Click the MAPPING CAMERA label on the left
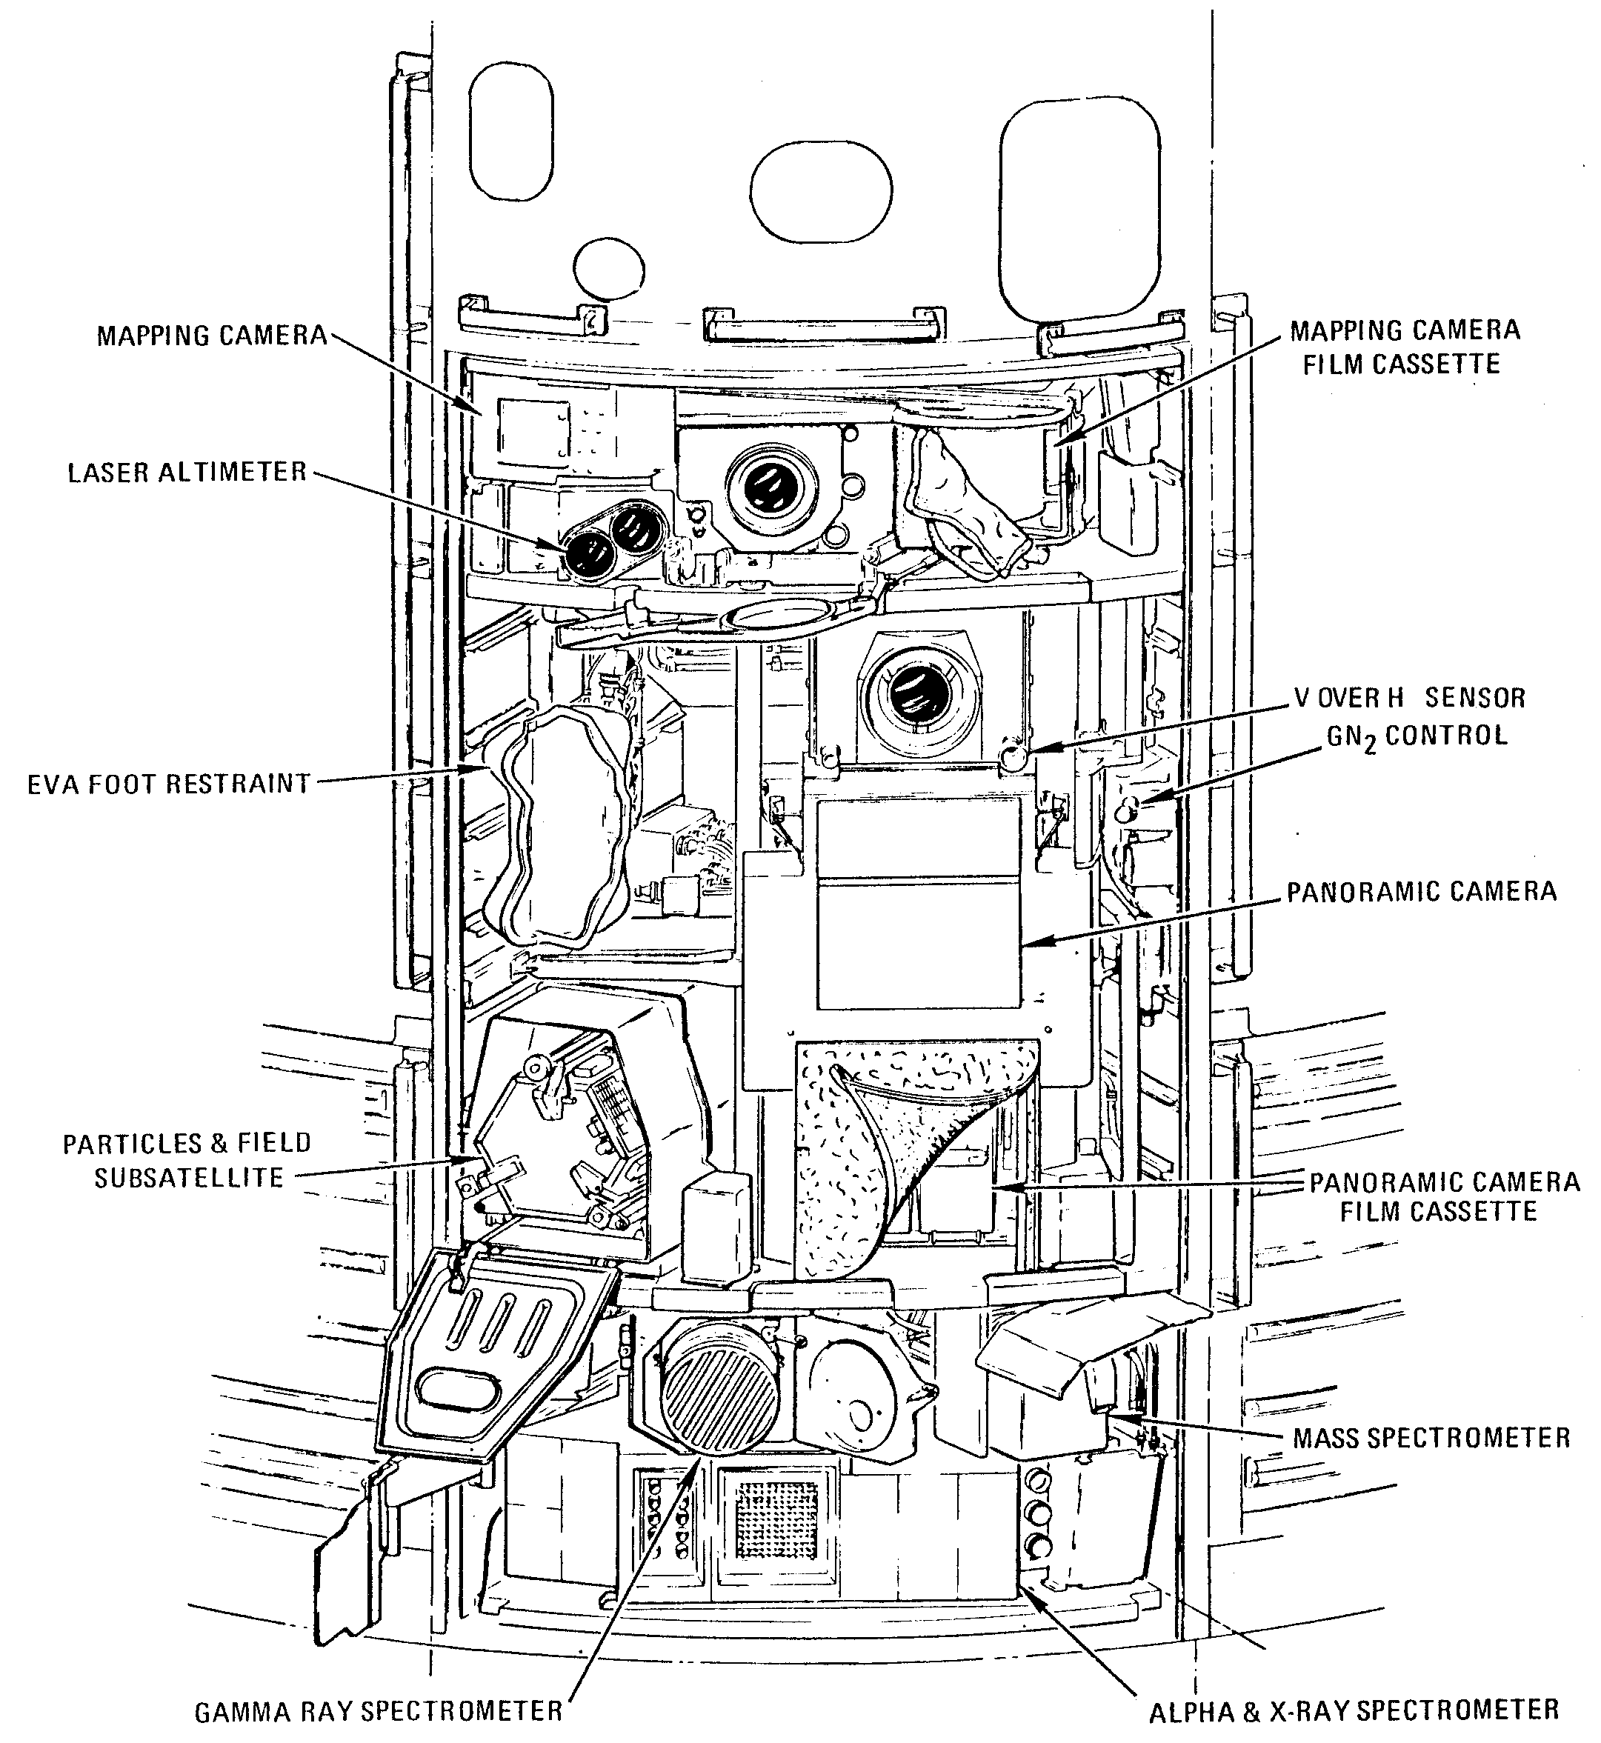click(211, 336)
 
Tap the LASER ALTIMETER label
click(187, 472)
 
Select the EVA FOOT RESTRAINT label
click(169, 784)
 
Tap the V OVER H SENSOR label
click(1410, 697)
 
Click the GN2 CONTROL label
click(1417, 737)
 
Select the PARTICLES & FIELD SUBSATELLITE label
click(188, 1160)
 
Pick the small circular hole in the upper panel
click(610, 269)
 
